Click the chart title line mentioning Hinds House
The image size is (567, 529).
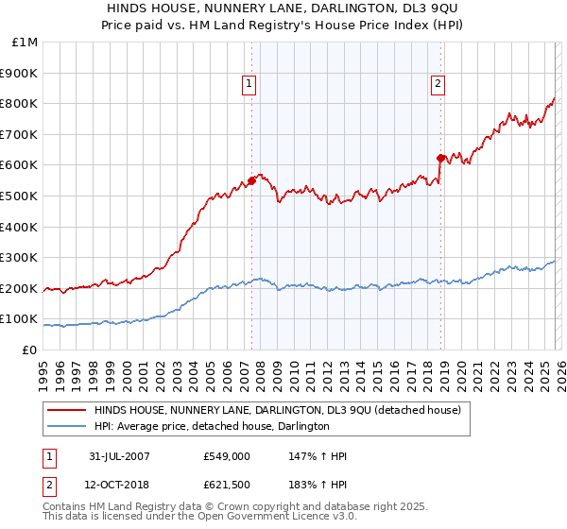coord(283,9)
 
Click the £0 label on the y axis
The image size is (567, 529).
coord(28,350)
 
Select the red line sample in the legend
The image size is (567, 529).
coord(66,411)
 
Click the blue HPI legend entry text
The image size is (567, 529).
coord(212,427)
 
